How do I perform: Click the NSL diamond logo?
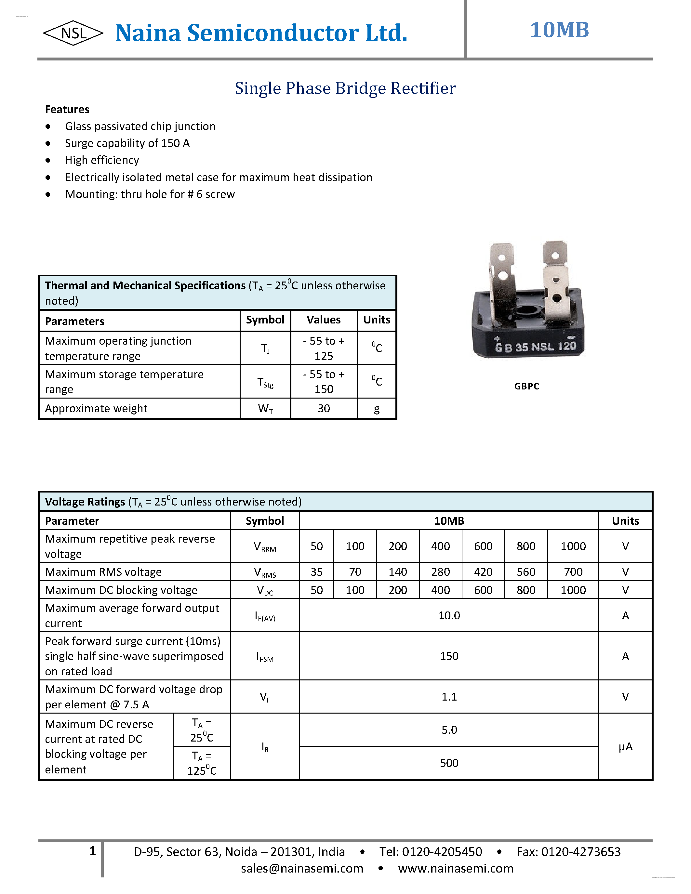point(73,33)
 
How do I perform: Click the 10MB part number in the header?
point(559,30)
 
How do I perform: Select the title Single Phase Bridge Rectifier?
point(345,88)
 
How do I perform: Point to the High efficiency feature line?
point(102,160)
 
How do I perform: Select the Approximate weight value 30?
point(324,409)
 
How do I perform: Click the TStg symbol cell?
point(265,382)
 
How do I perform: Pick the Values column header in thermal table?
point(324,320)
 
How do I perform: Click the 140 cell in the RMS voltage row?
point(397,572)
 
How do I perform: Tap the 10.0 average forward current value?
point(449,616)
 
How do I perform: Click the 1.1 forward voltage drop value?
point(449,697)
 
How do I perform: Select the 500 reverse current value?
point(449,763)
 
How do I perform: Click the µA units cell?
point(625,747)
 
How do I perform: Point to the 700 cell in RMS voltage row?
point(573,572)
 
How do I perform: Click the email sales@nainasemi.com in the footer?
point(302,868)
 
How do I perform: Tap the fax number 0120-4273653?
point(580,851)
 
